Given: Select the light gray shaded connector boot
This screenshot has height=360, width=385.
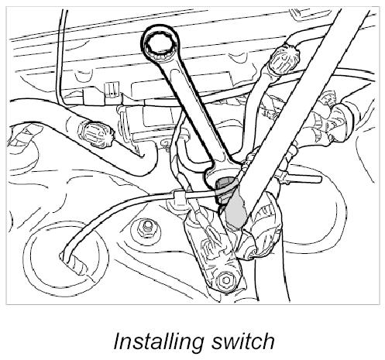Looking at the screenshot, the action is (235, 211).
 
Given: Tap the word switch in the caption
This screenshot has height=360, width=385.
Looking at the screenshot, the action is (242, 341).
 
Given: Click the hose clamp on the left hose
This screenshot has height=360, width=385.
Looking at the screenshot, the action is (95, 134).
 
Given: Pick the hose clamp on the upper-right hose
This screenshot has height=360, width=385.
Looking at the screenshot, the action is (284, 60).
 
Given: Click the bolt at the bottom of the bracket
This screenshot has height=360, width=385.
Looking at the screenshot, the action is (225, 280).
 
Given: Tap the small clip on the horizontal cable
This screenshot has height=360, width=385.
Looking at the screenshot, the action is (180, 197).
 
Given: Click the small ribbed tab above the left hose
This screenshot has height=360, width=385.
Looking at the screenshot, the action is (112, 90).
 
